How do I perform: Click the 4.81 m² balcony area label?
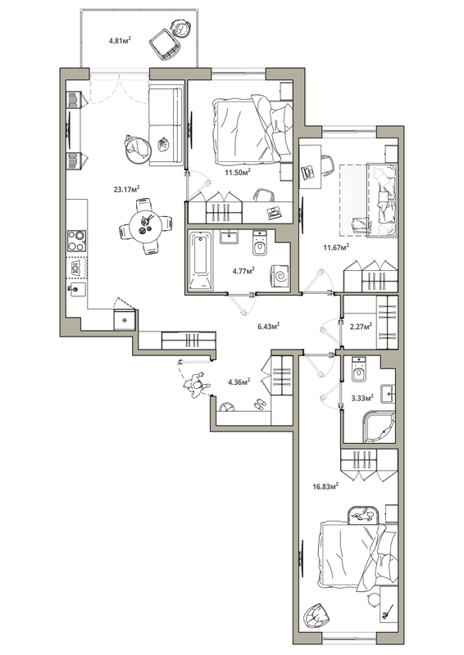pyautogui.click(x=120, y=40)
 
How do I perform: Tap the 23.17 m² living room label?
pyautogui.click(x=126, y=189)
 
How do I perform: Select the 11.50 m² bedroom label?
pyautogui.click(x=237, y=172)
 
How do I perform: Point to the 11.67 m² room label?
pyautogui.click(x=336, y=247)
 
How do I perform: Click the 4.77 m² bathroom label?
pyautogui.click(x=244, y=271)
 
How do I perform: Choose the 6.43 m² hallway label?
pyautogui.click(x=268, y=326)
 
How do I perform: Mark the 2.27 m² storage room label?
pyautogui.click(x=361, y=326)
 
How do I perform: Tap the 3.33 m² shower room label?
pyautogui.click(x=362, y=398)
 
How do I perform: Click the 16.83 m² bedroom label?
pyautogui.click(x=325, y=486)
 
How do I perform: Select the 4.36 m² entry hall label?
pyautogui.click(x=239, y=382)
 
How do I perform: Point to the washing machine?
pyautogui.click(x=280, y=276)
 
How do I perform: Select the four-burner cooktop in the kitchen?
pyautogui.click(x=76, y=241)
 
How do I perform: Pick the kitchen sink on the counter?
pyautogui.click(x=77, y=289)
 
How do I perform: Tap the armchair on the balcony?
pyautogui.click(x=165, y=44)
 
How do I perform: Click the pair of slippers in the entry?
pyautogui.click(x=259, y=403)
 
